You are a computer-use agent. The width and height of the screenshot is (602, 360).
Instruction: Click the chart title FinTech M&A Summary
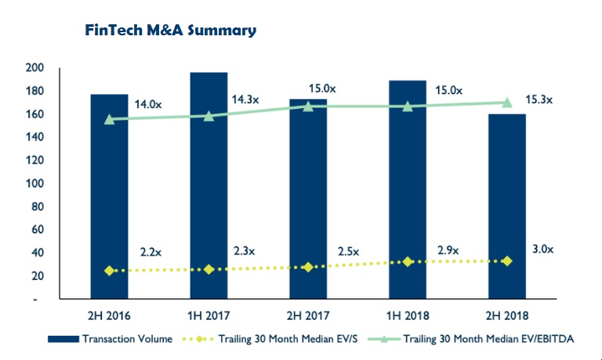tap(170, 31)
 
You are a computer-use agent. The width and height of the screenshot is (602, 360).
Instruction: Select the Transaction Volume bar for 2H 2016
tap(109, 196)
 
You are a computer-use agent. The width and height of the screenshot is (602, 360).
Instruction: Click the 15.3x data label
tap(539, 100)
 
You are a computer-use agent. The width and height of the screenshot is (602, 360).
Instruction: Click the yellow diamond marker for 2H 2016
tap(110, 271)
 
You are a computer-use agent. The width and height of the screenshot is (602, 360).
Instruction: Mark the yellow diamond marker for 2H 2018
tap(507, 260)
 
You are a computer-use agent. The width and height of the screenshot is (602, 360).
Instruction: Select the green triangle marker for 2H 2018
tap(507, 102)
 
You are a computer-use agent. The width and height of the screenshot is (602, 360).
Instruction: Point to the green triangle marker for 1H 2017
tap(209, 116)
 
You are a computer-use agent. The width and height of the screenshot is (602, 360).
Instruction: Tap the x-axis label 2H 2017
tap(308, 316)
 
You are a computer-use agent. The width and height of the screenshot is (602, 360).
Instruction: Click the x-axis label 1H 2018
tap(408, 316)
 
